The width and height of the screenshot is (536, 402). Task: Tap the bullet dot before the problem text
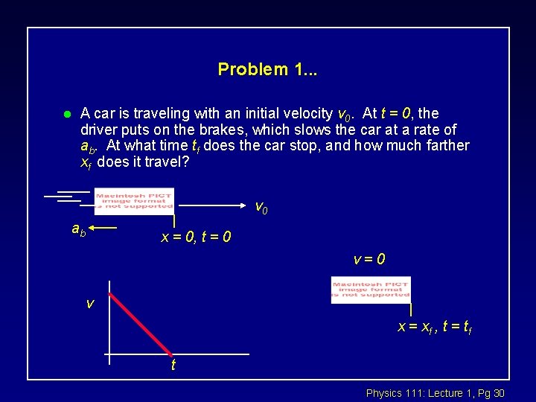click(66, 115)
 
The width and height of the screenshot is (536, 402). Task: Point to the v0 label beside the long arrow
click(261, 207)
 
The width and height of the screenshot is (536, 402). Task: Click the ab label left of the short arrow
click(78, 230)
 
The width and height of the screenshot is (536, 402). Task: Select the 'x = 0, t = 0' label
click(196, 237)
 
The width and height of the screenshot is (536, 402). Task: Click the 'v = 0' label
click(369, 260)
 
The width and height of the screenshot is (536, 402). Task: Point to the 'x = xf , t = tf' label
click(435, 326)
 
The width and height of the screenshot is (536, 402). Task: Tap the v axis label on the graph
click(89, 304)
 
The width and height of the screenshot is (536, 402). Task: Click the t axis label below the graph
click(173, 366)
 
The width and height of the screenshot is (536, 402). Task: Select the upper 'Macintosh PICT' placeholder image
click(134, 201)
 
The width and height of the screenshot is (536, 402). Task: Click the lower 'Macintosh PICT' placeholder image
click(371, 290)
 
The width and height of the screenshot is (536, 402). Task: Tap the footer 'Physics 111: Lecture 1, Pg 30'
click(435, 392)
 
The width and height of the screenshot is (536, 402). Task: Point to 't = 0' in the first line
click(398, 114)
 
